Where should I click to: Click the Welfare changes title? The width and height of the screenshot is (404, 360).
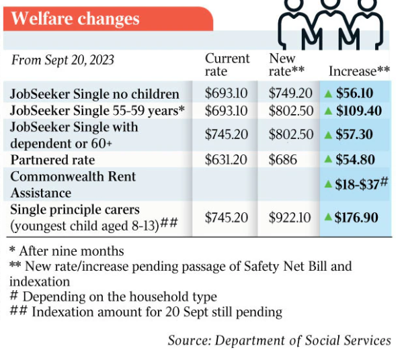pos(75,18)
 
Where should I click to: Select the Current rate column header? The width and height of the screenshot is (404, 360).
pos(227,64)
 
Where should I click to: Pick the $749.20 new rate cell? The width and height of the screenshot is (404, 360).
pos(290,93)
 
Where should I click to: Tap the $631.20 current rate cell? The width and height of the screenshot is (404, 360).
pos(227,160)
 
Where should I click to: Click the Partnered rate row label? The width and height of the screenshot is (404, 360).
pos(52,160)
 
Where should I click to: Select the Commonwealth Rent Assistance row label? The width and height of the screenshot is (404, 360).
pos(73,184)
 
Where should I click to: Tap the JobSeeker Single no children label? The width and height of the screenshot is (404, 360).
pos(95,93)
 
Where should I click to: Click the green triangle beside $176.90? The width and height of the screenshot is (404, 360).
pos(329,217)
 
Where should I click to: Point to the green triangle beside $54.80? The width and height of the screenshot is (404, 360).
pos(329,160)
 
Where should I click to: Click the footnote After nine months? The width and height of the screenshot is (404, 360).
pos(67,251)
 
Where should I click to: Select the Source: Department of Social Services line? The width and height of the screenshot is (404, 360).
pos(279,341)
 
